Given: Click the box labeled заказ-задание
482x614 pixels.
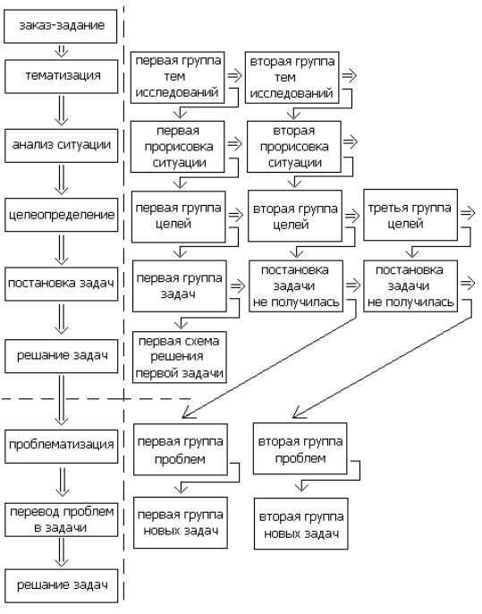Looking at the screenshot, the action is [x=60, y=26].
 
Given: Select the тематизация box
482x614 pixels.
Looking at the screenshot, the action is [x=61, y=76].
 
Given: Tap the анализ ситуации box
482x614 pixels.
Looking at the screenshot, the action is [x=61, y=146].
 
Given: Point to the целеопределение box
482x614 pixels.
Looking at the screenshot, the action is [x=61, y=215].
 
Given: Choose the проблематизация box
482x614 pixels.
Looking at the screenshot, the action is [x=61, y=447].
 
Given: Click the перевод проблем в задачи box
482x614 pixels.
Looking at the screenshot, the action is [x=61, y=520].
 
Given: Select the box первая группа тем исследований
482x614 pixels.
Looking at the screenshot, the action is [x=177, y=78].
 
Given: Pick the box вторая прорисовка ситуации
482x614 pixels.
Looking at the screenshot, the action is [x=294, y=147].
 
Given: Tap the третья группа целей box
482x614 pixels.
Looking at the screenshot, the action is [x=410, y=215].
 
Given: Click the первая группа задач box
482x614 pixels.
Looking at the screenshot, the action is [x=179, y=286].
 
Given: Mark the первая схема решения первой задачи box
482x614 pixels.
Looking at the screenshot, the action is [x=179, y=357].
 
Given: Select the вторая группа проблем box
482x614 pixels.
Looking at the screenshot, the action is [x=300, y=448].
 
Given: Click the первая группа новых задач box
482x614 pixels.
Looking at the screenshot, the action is [x=181, y=523].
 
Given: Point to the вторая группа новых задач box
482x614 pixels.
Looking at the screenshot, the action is [x=300, y=524].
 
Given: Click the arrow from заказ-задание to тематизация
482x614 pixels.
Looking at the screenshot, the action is [x=61, y=51].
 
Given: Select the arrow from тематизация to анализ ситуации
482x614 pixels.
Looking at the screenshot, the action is [x=61, y=111].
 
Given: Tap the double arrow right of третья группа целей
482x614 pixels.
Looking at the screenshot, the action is [x=468, y=214].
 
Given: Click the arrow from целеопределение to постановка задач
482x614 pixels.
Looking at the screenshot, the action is [x=61, y=250].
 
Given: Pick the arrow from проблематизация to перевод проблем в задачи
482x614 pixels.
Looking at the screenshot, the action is [x=62, y=482].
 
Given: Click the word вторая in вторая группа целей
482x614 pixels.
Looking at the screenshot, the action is [x=270, y=209].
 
